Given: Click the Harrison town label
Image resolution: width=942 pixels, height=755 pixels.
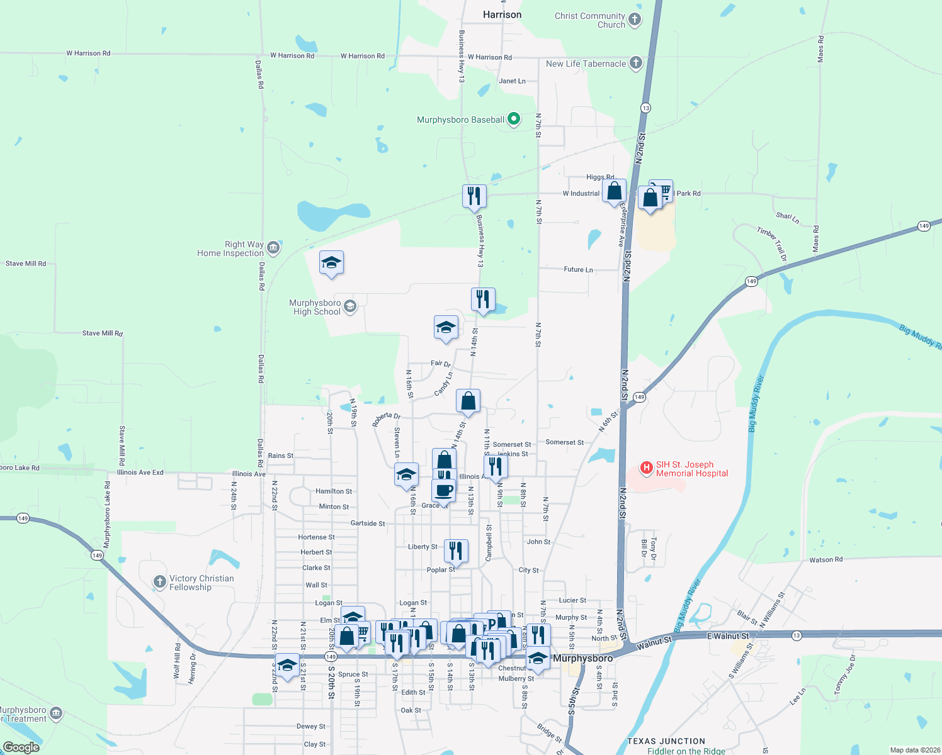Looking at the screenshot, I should coord(502,14).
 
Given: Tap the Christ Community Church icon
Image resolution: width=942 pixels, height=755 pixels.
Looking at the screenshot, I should coord(635,20).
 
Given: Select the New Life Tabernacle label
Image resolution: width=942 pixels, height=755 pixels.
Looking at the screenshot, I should coord(586,64).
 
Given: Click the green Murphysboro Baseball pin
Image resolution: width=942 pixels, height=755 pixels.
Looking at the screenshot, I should coord(514,118).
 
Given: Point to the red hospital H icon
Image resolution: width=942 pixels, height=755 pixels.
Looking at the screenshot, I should coord(646,468).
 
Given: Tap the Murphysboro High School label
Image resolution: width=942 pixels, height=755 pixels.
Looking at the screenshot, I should coord(316,307).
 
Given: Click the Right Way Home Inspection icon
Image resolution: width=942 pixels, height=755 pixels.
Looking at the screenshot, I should coord(273,248).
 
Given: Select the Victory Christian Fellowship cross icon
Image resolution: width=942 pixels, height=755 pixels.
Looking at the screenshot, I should coord(160,582).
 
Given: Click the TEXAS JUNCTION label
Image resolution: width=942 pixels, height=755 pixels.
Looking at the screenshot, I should coord(666,741).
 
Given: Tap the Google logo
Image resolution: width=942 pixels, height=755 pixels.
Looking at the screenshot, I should coord(21,747).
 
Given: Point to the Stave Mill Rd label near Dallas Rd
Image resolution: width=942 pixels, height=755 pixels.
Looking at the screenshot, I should coord(102,333).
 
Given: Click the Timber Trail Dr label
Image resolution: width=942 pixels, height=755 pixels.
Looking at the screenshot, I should coord(772,243).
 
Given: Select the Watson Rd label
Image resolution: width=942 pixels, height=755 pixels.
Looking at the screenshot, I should coord(826,559).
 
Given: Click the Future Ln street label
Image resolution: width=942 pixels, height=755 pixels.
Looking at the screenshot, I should coord(578,269).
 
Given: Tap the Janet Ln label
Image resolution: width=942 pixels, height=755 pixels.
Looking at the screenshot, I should coord(512,81).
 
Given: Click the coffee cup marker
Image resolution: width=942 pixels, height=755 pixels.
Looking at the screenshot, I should coord(444,490).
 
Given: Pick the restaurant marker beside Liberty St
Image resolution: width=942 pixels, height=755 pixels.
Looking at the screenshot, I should coord(456,551).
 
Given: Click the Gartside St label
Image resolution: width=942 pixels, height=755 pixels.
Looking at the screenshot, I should coord(368,523).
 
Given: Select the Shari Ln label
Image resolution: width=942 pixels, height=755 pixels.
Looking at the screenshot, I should coord(788,218).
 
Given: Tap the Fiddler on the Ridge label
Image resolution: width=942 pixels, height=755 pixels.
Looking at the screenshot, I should coord(686,751).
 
